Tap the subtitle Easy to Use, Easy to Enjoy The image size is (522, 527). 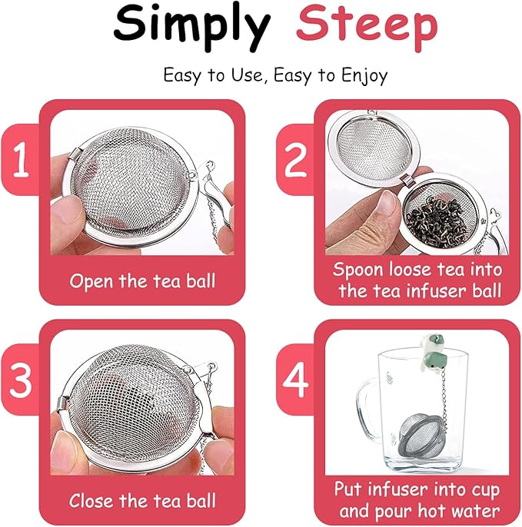(x=274, y=75)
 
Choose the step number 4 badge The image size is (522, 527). (x=294, y=379)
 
